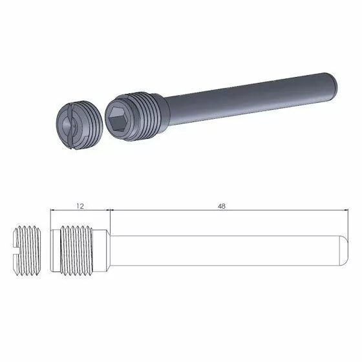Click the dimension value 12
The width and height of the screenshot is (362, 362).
click(80, 206)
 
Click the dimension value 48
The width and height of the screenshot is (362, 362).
click(222, 206)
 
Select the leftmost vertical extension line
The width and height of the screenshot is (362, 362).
click(51, 220)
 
